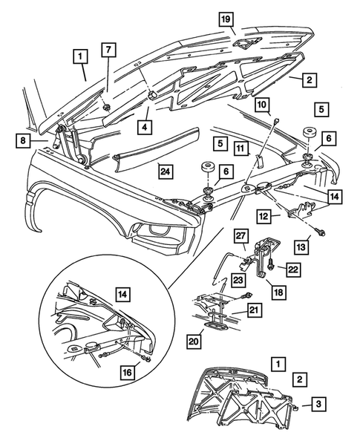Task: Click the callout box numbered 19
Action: coord(226,19)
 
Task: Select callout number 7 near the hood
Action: coord(109,50)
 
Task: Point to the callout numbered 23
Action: coord(240,281)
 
